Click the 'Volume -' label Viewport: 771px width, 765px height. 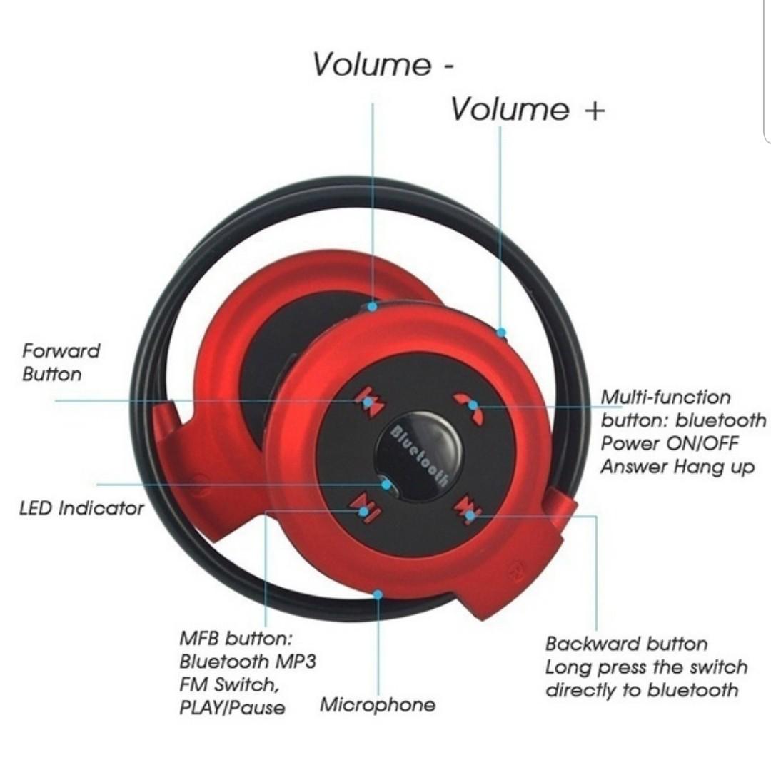(383, 64)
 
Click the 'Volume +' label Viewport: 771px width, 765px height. (528, 108)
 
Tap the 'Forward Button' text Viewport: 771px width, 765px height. (61, 363)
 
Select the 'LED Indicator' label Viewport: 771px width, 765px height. (81, 508)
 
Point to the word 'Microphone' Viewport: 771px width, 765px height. (378, 704)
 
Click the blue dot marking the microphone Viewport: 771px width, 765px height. (378, 595)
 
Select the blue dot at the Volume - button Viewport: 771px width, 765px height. (373, 306)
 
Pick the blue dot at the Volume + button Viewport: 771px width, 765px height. (501, 332)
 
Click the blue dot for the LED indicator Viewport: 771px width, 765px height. (386, 485)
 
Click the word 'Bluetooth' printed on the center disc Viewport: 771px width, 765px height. (420, 455)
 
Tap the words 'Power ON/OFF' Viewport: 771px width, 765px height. (669, 443)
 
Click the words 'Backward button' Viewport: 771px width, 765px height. (626, 644)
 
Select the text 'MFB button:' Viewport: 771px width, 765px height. (236, 638)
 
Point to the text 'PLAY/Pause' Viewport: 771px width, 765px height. (232, 708)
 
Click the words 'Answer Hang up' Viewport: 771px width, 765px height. (677, 467)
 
